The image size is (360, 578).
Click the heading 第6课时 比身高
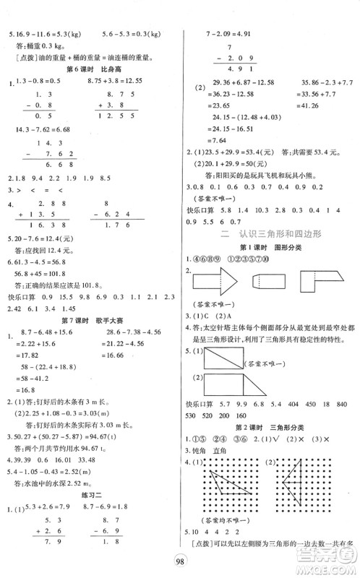91,69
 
